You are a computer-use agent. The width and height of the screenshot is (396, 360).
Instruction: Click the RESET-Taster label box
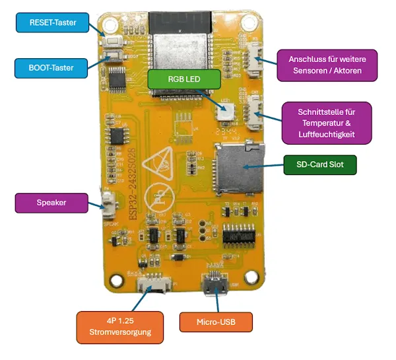tap(53, 22)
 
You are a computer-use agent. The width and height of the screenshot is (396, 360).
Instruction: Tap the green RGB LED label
tap(183, 79)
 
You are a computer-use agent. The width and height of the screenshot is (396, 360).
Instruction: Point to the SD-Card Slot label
tap(319, 164)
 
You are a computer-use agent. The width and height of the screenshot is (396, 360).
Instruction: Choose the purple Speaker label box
tap(51, 203)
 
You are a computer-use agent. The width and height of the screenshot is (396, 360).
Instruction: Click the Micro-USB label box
tap(216, 322)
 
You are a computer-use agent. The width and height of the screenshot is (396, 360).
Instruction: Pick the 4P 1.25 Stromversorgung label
tap(119, 326)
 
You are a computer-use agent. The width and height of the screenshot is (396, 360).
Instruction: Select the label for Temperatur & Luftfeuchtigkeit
tap(326, 123)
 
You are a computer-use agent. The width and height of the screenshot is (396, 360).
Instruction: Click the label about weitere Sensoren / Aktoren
tap(327, 65)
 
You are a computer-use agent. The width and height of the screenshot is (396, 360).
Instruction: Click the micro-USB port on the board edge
tap(216, 285)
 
